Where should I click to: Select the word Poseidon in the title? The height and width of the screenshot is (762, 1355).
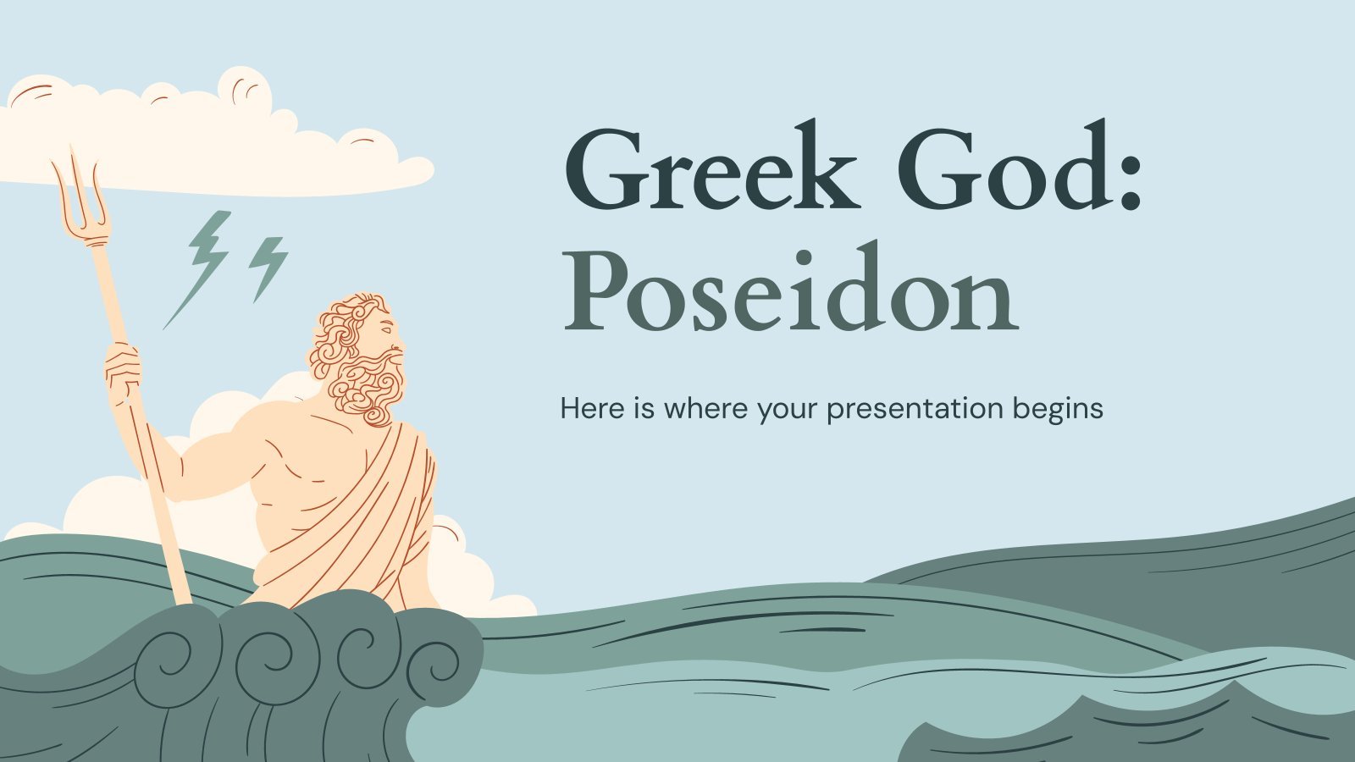(x=791, y=287)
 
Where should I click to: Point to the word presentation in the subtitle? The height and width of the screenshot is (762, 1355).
(x=915, y=409)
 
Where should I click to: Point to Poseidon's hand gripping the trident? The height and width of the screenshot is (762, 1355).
(x=123, y=373)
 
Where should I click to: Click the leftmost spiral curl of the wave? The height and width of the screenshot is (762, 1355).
(x=164, y=665)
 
